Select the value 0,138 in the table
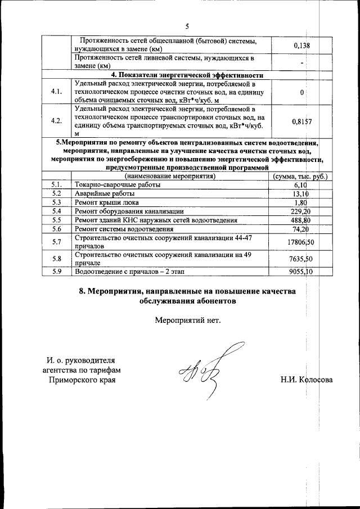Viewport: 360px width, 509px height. (x=302, y=46)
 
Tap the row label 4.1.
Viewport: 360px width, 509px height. (x=56, y=92)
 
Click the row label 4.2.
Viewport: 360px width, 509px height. (x=56, y=121)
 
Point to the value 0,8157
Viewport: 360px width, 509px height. (x=302, y=121)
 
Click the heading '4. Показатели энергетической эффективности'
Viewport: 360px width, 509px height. (x=187, y=75)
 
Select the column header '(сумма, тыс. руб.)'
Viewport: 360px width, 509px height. (x=300, y=177)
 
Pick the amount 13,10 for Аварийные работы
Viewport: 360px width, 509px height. (x=304, y=193)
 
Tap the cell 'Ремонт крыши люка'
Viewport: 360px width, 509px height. (x=106, y=202)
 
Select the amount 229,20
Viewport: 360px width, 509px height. (x=301, y=211)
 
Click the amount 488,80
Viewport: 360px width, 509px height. (x=301, y=220)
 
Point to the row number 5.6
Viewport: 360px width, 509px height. (x=56, y=229)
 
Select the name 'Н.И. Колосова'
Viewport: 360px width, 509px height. (x=307, y=380)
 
